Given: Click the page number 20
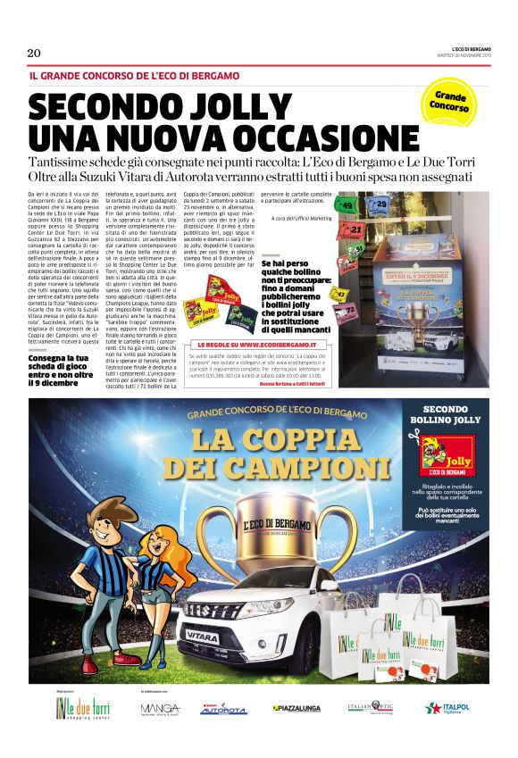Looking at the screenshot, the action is point(34,53).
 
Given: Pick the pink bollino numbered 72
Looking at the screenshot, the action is point(351,310).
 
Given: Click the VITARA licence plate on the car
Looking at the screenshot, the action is point(201,637).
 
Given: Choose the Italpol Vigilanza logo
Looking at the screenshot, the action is point(449,709).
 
